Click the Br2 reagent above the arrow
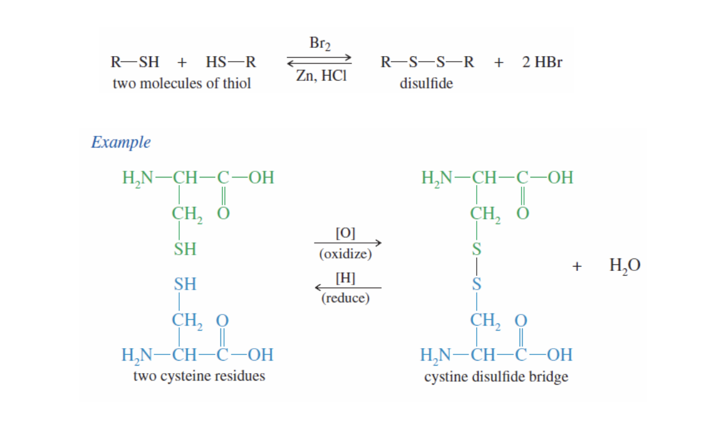click(x=320, y=44)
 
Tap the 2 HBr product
click(x=542, y=62)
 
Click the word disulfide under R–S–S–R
click(x=426, y=83)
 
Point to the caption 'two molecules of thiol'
click(x=182, y=83)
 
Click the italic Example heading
click(x=121, y=142)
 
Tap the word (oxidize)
click(x=345, y=254)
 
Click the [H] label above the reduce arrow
click(x=345, y=277)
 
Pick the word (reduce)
click(x=345, y=298)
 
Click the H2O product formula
click(x=624, y=266)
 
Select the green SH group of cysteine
click(x=185, y=249)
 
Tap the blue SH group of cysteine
click(x=185, y=285)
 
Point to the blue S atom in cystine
click(x=477, y=285)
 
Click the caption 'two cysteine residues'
click(x=199, y=376)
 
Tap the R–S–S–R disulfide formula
click(x=427, y=62)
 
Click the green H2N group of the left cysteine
click(x=137, y=177)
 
